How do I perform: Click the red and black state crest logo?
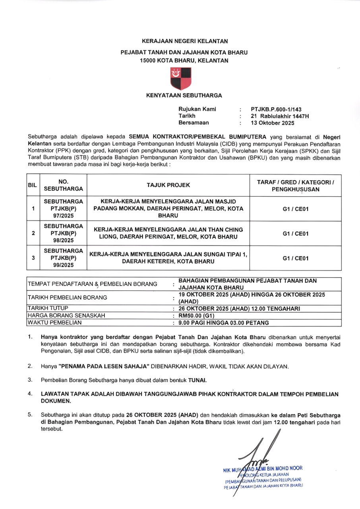coord(180,78)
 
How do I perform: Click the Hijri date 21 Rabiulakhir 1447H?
coord(280,116)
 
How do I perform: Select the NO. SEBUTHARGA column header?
coord(63,185)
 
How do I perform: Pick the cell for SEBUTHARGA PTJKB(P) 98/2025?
coord(63,233)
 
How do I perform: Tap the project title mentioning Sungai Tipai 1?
coord(168,258)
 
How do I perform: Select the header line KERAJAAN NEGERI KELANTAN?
coord(185,41)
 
